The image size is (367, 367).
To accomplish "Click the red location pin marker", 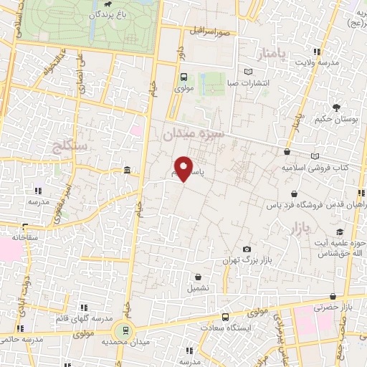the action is coord(184,168).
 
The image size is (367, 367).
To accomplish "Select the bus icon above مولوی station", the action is coord(183,77).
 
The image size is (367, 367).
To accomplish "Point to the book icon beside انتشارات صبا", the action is coord(248,72).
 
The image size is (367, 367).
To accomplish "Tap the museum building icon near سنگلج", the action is coord(127,170).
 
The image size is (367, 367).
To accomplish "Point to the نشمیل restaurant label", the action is coord(199,287).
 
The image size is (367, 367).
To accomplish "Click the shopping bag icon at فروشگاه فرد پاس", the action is coord(294,194).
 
